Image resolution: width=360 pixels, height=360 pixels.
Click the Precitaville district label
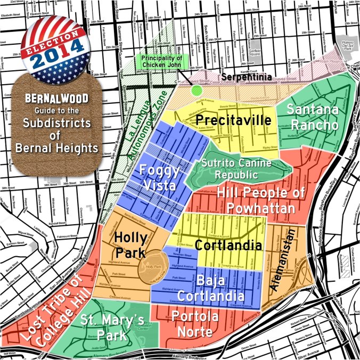coord(232,121)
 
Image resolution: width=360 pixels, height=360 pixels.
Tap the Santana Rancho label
coord(312,117)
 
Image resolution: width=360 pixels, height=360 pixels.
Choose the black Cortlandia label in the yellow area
coord(228,246)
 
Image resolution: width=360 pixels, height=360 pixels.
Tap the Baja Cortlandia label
coord(211,287)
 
